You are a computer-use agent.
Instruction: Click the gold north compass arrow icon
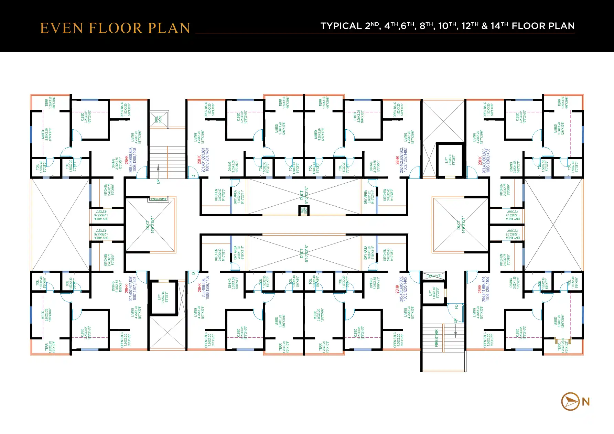(570, 401)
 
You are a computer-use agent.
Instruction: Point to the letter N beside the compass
(586, 402)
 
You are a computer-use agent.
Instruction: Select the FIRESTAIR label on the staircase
(437, 338)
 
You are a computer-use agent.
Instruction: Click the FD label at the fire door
(456, 307)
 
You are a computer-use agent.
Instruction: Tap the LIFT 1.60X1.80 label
(432, 293)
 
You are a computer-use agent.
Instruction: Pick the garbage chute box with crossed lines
(159, 119)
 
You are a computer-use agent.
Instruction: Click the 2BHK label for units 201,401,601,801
(199, 160)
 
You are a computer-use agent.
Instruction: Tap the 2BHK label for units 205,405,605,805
(397, 289)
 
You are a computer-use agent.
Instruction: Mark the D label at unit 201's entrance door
(194, 176)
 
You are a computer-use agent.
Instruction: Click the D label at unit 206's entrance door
(194, 274)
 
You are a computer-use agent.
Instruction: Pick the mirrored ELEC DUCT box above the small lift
(433, 276)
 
